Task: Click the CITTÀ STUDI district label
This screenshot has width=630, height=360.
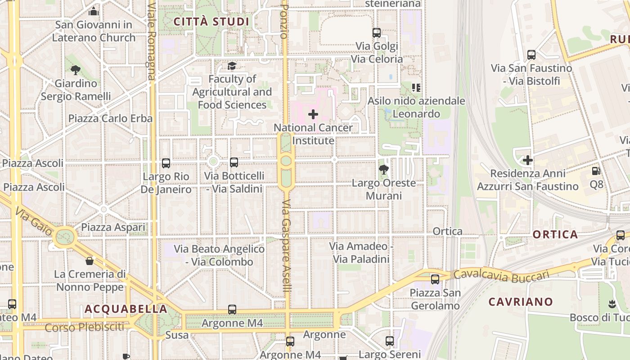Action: click(211, 22)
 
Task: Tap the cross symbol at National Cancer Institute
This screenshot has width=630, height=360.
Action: click(313, 114)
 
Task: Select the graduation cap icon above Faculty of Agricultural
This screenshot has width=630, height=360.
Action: click(232, 66)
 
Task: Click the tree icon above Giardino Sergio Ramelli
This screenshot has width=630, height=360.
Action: click(76, 70)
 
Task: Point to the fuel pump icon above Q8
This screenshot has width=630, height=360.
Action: click(596, 171)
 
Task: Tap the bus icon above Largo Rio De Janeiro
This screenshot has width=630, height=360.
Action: click(166, 163)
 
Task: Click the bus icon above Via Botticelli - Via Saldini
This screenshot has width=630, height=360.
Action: click(234, 162)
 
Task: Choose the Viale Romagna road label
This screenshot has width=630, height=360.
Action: click(151, 40)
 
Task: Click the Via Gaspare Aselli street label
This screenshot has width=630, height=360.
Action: click(287, 245)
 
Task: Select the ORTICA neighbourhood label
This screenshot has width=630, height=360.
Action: click(555, 234)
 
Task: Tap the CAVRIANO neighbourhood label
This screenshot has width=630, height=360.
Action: click(521, 301)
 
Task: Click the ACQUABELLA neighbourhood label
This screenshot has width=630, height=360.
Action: click(126, 309)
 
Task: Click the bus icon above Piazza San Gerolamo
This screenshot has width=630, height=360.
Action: click(435, 279)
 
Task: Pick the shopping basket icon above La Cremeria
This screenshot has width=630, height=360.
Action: click(90, 261)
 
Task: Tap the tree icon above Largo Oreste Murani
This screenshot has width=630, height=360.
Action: click(384, 170)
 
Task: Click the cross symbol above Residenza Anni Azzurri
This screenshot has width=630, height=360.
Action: click(528, 160)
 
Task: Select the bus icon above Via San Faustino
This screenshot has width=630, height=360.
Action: click(531, 55)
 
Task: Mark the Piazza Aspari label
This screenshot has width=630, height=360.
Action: click(113, 228)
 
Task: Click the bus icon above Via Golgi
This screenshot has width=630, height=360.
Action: click(377, 33)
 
